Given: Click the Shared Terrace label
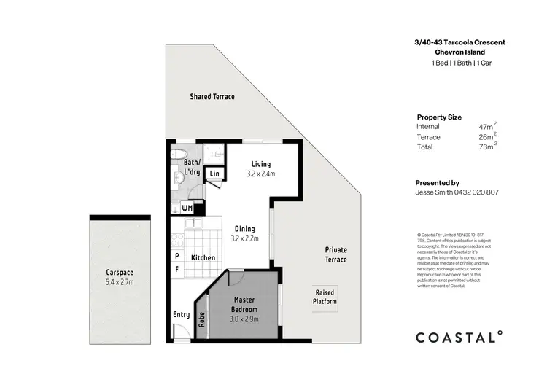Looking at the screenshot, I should pos(212,96).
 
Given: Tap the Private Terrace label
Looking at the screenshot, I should pos(336,254).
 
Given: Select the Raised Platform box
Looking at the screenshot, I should pos(325,297).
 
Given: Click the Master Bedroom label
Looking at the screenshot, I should pos(243,305).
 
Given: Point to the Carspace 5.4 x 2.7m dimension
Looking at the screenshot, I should pos(120,282).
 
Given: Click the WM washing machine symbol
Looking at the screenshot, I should pos(187,208).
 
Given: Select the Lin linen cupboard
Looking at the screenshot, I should pos(215,174).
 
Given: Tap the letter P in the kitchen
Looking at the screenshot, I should pos(177,257).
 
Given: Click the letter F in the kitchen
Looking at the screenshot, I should pos(177,270).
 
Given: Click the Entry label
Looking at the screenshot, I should pos(181,315).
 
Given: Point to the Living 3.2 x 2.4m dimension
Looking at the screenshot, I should pos(262,174).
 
